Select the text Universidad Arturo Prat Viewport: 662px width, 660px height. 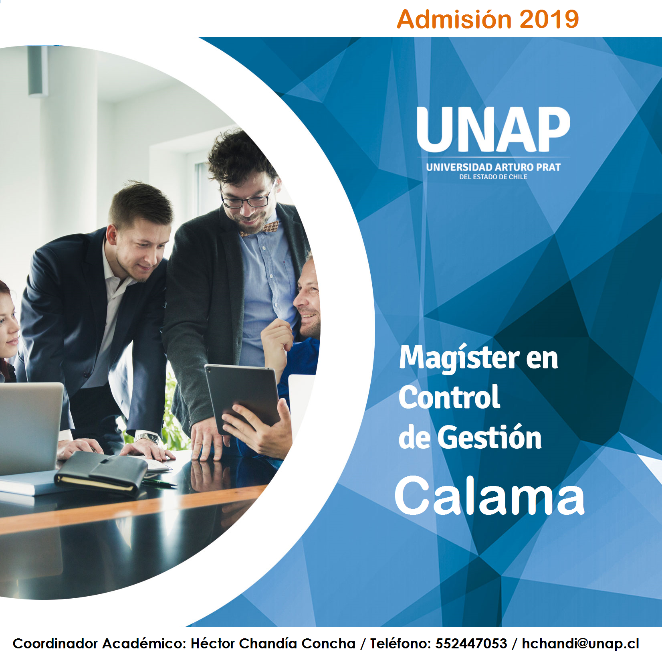[493, 167]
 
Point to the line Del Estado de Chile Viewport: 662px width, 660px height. [493, 177]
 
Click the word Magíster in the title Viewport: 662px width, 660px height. [459, 358]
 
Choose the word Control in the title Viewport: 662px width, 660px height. [449, 397]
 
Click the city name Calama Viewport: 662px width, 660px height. [489, 496]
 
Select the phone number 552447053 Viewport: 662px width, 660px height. [471, 643]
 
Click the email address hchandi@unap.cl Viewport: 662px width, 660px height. [580, 644]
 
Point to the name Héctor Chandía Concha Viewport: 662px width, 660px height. [273, 643]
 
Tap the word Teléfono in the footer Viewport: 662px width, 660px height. [400, 643]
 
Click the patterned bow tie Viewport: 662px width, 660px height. [259, 229]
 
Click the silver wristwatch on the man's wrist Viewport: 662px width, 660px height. [147, 438]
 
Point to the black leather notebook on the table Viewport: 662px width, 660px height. [101, 473]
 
